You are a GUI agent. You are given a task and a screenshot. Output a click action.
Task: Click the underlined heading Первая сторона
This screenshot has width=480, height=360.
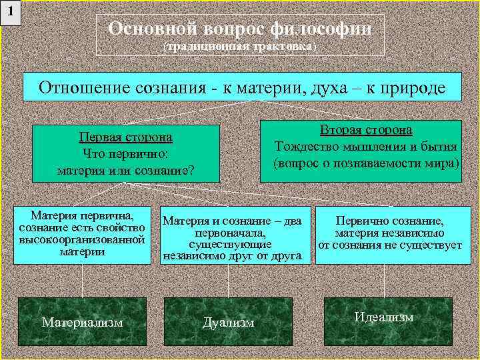125,137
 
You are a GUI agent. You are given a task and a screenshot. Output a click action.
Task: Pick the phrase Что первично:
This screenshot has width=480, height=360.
125,153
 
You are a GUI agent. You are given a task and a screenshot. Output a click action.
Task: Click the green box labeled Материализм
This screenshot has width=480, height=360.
82,322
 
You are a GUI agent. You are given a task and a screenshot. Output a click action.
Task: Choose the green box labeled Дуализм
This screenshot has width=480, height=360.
228,322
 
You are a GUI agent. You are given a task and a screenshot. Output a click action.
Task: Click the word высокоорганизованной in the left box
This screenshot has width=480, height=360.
82,239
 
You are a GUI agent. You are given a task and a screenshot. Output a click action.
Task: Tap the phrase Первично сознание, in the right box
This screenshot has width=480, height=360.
389,221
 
